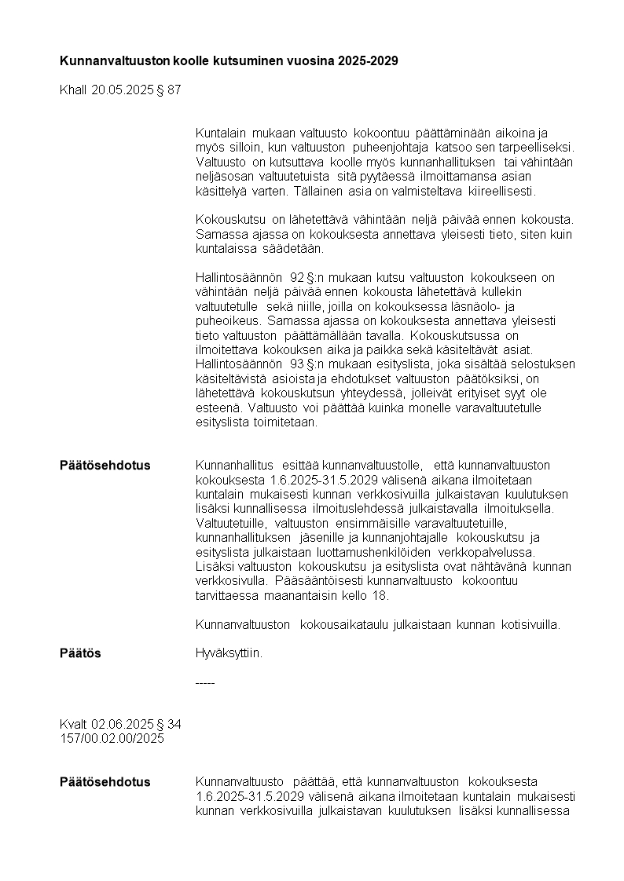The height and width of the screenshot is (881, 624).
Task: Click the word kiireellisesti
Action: coord(502,192)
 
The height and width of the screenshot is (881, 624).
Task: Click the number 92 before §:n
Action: coord(296,278)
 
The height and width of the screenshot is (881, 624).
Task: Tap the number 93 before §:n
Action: coord(296,364)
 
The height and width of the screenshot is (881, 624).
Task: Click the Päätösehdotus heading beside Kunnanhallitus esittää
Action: coord(105,466)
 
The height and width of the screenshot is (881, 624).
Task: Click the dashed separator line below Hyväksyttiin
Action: coord(204,683)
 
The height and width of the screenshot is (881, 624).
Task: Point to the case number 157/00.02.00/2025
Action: coord(112,739)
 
